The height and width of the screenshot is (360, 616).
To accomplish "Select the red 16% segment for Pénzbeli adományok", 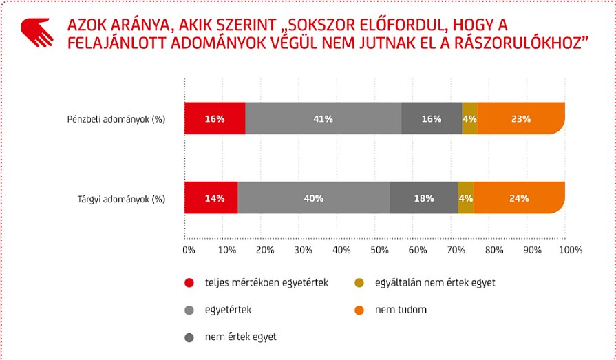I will tap(215, 118).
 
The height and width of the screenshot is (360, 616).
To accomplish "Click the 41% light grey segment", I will tap(323, 118).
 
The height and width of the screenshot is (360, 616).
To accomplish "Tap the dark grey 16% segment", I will tap(432, 118).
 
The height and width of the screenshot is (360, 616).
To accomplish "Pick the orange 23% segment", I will tap(521, 118).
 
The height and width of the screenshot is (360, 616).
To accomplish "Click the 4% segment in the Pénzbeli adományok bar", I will tap(470, 118).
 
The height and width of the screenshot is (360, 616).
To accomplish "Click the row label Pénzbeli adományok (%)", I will tap(121, 119).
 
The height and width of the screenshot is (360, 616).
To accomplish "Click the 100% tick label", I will tap(571, 250).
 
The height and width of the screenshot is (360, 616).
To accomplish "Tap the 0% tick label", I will tap(189, 250).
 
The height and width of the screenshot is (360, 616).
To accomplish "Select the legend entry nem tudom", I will tap(401, 310).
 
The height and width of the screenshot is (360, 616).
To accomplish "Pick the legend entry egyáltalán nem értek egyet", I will tap(434, 282).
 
